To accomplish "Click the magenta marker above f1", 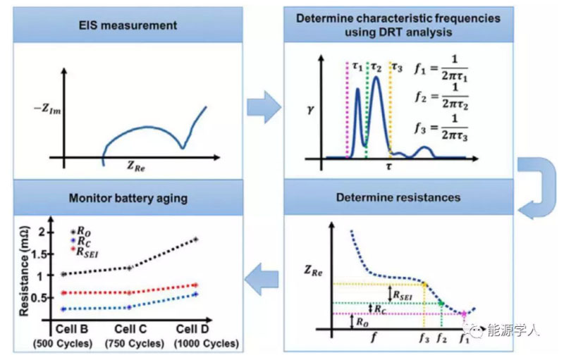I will click(x=463, y=314).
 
